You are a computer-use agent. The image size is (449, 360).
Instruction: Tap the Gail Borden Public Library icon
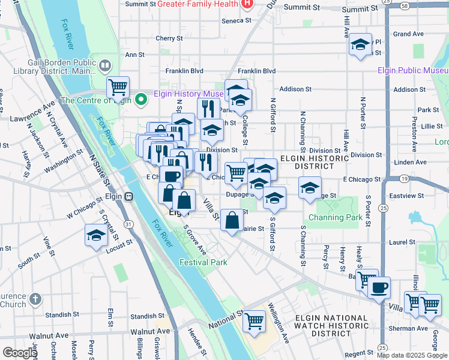[x=105, y=65]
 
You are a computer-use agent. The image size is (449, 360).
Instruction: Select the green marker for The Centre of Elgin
[x=142, y=100]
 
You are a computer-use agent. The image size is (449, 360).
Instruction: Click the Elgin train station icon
[x=128, y=196]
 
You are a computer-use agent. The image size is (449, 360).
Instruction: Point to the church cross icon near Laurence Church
[x=35, y=298]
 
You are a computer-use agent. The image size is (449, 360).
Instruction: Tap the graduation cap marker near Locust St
[x=95, y=235]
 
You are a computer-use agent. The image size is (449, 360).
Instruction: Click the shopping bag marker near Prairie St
[x=232, y=220]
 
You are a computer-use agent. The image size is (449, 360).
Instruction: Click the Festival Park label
[x=203, y=262]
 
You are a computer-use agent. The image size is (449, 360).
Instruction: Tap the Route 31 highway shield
[x=128, y=224]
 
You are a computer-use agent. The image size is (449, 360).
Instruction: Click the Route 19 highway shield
[x=405, y=179]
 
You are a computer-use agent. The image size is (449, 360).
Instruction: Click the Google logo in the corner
[x=19, y=352]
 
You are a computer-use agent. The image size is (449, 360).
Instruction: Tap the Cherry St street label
[x=165, y=38]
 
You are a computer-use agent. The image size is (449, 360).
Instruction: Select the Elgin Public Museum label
[x=413, y=70]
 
